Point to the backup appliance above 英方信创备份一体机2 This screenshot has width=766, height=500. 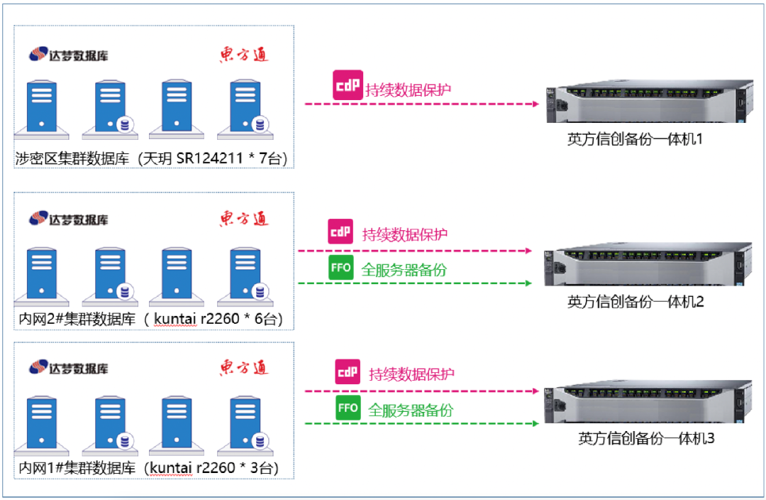[x=646, y=264]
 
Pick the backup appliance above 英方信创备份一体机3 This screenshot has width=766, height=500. [x=648, y=401]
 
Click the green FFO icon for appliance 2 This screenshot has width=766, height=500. [x=341, y=268]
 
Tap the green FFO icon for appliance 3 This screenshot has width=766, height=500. [x=348, y=408]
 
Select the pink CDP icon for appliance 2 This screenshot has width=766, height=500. [x=340, y=232]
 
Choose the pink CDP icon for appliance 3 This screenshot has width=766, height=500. [x=348, y=371]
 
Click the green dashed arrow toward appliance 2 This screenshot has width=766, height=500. [x=415, y=283]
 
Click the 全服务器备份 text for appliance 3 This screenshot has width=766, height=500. [x=411, y=410]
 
